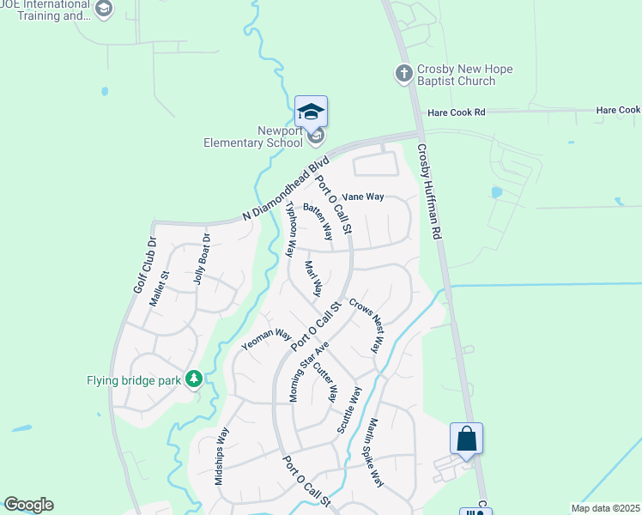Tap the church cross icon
(x=404, y=73)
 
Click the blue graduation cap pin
(x=311, y=112)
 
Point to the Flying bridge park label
(x=136, y=379)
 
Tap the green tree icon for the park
(x=195, y=379)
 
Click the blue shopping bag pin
(x=467, y=439)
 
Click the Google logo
(x=28, y=505)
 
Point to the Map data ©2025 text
(x=606, y=508)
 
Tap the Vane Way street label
(x=363, y=197)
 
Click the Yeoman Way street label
(x=268, y=338)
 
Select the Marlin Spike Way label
(x=374, y=452)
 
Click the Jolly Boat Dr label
(x=202, y=258)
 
